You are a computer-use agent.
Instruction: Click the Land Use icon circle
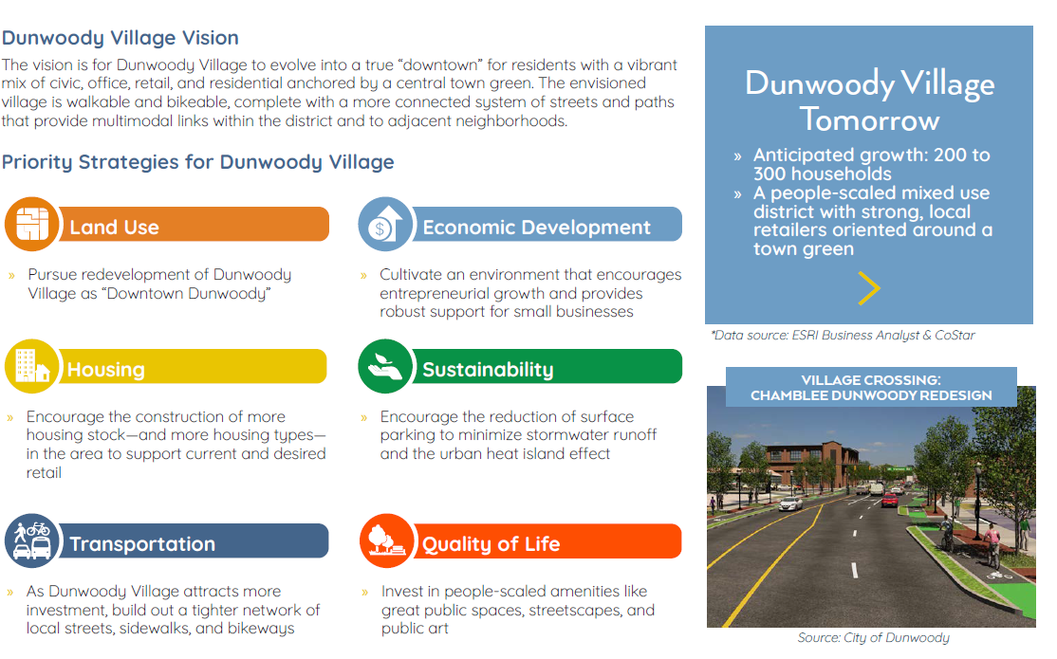pyautogui.click(x=32, y=224)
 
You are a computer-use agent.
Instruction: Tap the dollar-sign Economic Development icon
pyautogui.click(x=385, y=224)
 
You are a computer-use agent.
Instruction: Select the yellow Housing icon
pyautogui.click(x=32, y=366)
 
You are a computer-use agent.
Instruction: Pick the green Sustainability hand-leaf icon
pyautogui.click(x=385, y=366)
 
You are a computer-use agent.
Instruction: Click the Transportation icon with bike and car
pyautogui.click(x=32, y=541)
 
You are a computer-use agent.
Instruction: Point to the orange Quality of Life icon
pyautogui.click(x=385, y=541)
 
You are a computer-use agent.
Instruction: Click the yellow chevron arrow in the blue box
pyautogui.click(x=867, y=288)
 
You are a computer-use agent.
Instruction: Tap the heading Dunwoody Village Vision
pyautogui.click(x=120, y=38)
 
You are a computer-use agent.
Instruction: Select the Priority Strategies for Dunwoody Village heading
pyautogui.click(x=197, y=161)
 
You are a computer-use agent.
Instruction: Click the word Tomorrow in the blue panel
pyautogui.click(x=868, y=120)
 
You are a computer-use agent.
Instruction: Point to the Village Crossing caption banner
pyautogui.click(x=870, y=388)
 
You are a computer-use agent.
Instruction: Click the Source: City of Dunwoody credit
pyautogui.click(x=873, y=638)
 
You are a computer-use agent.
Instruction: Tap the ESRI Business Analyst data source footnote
pyautogui.click(x=842, y=335)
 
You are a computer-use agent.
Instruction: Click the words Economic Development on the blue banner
pyautogui.click(x=536, y=228)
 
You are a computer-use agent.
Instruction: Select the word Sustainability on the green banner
pyautogui.click(x=488, y=370)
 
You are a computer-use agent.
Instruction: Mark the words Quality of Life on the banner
pyautogui.click(x=491, y=544)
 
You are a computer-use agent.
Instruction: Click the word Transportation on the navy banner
pyautogui.click(x=142, y=544)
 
